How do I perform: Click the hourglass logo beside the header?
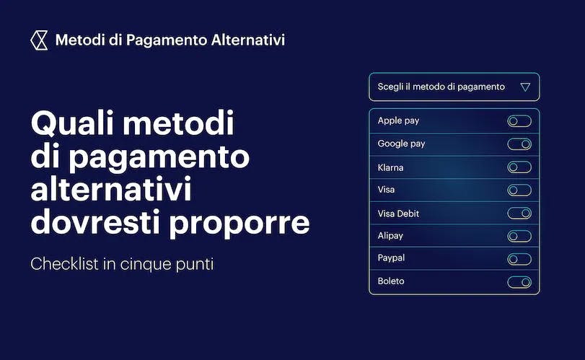39,40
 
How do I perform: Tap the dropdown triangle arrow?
525,87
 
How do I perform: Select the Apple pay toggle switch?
519,121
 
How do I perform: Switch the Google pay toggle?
519,144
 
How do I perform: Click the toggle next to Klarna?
519,167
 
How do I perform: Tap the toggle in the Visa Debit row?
519,214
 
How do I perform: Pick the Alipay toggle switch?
519,236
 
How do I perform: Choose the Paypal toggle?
519,259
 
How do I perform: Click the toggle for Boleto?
519,282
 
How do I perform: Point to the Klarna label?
390,167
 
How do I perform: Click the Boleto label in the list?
391,281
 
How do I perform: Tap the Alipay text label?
390,236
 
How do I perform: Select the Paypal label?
391,258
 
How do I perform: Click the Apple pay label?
398,121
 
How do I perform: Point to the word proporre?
239,224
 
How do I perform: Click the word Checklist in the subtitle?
65,264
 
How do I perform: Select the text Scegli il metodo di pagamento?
441,87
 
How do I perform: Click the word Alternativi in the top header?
248,40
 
